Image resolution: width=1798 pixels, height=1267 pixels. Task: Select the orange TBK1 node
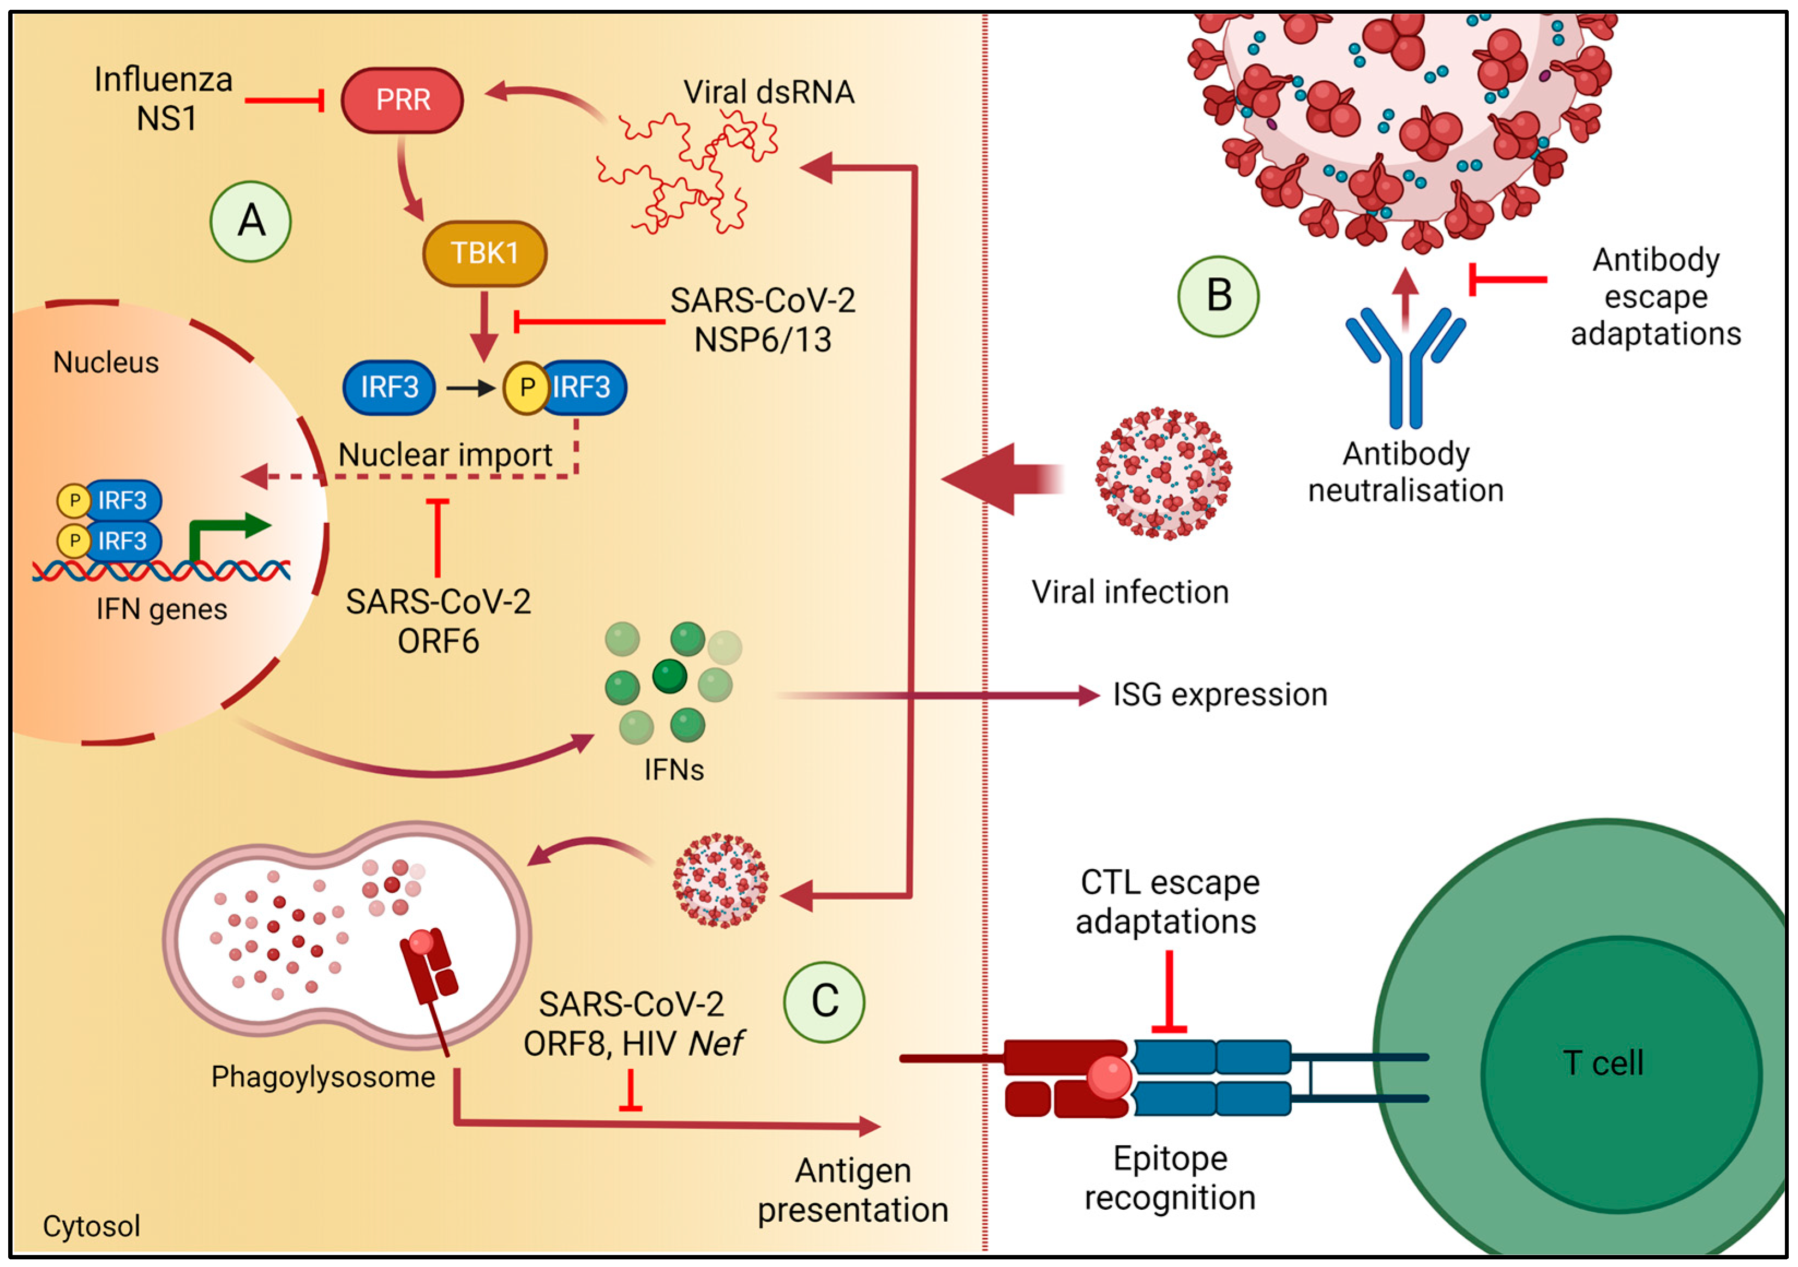tap(485, 254)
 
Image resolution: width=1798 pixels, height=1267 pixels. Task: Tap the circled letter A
tap(250, 222)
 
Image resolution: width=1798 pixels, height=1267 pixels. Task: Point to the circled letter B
tap(1219, 296)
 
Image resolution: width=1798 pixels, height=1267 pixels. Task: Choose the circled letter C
tap(825, 1001)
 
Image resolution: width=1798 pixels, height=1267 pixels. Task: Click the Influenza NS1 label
tap(164, 99)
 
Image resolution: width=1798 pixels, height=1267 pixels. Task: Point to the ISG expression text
tap(1220, 695)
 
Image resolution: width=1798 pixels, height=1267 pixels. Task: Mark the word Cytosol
tap(92, 1226)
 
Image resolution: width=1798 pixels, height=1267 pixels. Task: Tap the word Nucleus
tap(106, 362)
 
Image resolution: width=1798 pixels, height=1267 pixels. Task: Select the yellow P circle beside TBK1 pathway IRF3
tap(526, 387)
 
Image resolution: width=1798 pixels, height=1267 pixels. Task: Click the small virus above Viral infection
tap(1164, 474)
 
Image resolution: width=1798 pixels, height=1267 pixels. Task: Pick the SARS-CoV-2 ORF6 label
tap(439, 621)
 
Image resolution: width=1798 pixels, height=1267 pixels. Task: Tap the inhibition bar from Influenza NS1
tap(284, 100)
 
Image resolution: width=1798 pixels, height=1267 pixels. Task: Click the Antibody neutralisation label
tap(1406, 472)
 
